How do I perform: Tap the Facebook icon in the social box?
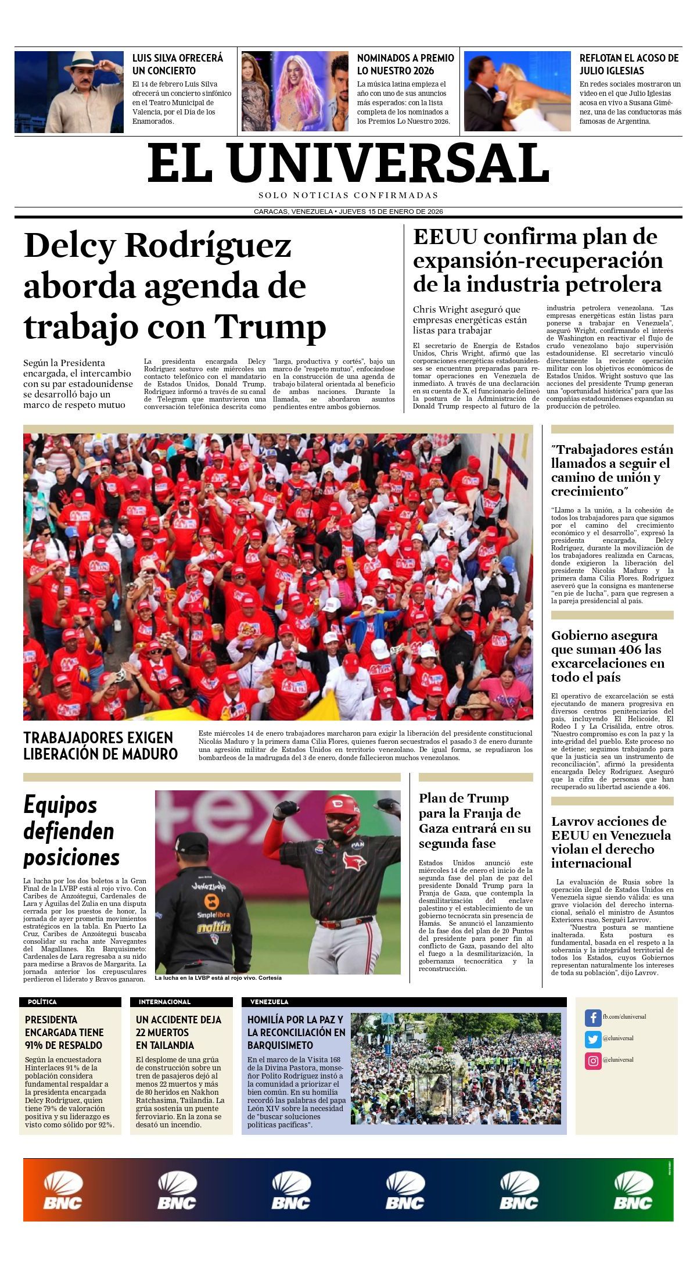(x=592, y=1018)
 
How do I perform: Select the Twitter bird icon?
(x=592, y=1039)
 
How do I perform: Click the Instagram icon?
(x=592, y=1061)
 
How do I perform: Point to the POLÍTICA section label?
(x=42, y=1002)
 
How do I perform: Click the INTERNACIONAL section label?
(x=164, y=1002)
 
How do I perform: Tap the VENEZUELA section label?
(x=269, y=1002)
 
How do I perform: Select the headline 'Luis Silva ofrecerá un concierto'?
(x=178, y=65)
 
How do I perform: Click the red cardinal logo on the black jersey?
(x=354, y=860)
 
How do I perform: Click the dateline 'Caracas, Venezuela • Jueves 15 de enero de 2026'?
(x=348, y=212)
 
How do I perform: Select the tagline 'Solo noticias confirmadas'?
(x=348, y=196)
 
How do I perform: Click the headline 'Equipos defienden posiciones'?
(x=71, y=831)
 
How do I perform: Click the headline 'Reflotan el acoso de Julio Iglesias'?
(x=629, y=65)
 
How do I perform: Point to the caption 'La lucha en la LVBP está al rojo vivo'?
(x=218, y=977)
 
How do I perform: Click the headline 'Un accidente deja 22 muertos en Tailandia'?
(x=178, y=1032)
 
